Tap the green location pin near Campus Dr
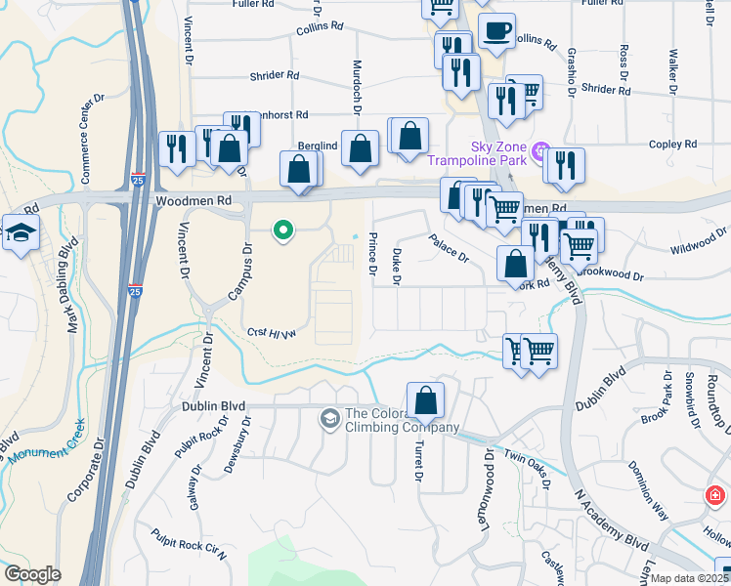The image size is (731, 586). click(283, 230)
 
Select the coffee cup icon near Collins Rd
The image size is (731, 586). click(496, 31)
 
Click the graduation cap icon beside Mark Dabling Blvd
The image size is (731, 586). click(20, 233)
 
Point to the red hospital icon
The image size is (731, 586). click(718, 495)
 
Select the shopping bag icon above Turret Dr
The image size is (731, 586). click(425, 399)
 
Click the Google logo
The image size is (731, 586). click(32, 574)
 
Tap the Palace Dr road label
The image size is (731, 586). click(450, 248)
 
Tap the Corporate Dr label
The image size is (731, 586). click(81, 480)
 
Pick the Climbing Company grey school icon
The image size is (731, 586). click(330, 418)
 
